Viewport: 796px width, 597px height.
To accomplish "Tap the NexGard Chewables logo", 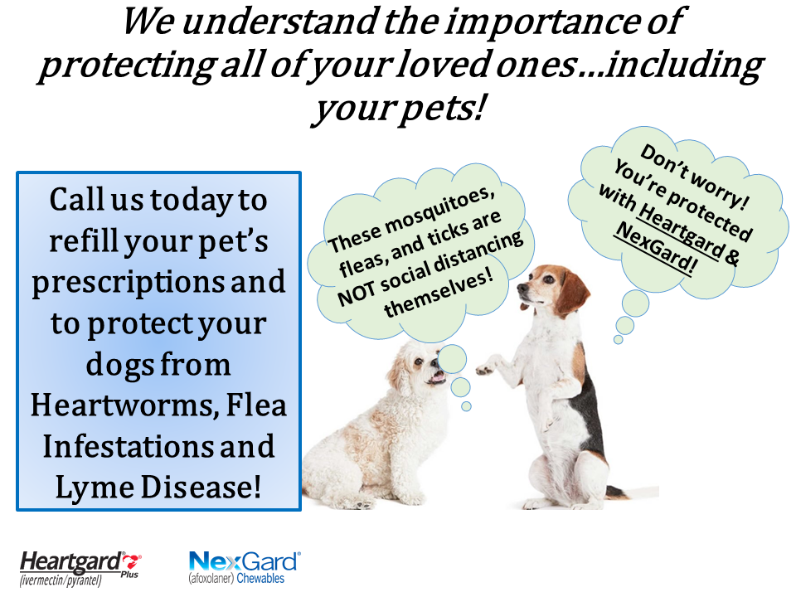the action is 245,567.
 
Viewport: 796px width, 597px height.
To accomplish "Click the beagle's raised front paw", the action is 487,366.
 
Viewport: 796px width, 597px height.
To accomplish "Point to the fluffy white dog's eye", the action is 418,362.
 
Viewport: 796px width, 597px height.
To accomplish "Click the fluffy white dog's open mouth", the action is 437,377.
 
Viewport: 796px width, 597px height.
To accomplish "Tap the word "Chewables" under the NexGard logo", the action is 260,578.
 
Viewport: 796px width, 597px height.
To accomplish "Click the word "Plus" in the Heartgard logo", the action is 130,575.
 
